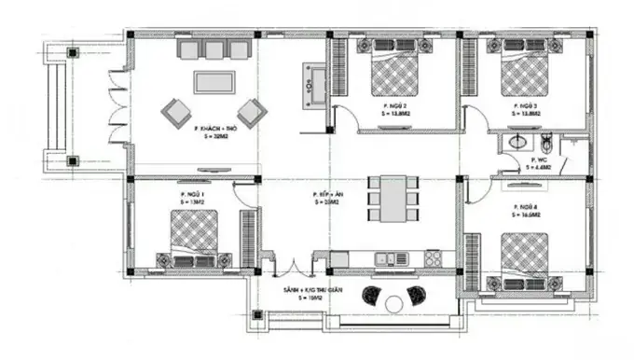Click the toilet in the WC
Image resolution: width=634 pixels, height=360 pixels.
546,142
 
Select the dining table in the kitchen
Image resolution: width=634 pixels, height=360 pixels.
389,200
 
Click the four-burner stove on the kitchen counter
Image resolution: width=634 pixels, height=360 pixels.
433,257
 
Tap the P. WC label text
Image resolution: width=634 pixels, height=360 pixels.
539,160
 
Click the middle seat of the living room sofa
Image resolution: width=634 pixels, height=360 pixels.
215,50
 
